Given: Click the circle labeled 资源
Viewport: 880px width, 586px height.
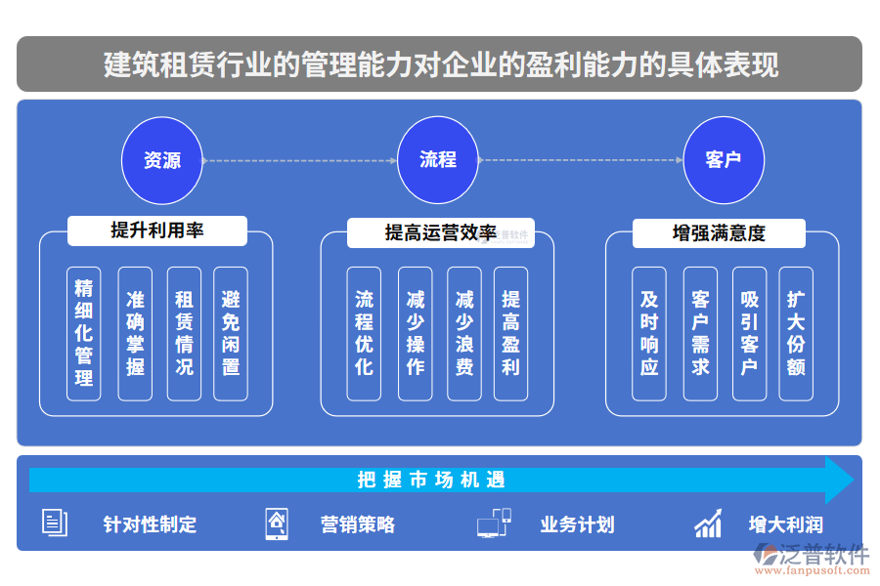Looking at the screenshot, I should (162, 160).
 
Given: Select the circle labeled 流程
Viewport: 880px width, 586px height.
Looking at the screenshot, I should (438, 160).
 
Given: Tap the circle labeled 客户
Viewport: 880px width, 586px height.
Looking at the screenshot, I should (723, 160).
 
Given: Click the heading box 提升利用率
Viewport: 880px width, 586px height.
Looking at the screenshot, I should (156, 231).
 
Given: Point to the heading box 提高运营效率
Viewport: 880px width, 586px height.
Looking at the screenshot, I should (440, 232).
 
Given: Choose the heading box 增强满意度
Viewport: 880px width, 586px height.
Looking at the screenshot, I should (719, 233).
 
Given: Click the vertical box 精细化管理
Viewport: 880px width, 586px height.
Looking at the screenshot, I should (84, 333).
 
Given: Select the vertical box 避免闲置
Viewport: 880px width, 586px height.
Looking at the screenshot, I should (231, 333).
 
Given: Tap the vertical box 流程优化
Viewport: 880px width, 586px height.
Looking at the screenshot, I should (364, 333).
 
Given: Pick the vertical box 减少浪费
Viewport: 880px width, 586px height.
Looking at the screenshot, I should (464, 333).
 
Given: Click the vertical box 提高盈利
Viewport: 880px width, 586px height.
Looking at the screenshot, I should (510, 333).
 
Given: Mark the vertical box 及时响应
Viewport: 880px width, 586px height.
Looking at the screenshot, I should (649, 333).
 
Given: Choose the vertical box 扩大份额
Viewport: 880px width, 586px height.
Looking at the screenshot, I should (796, 333).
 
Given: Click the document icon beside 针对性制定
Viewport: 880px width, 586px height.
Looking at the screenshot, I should (55, 523).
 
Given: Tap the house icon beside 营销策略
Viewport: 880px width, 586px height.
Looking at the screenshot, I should (278, 524).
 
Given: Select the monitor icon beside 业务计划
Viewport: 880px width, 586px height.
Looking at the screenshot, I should (494, 523).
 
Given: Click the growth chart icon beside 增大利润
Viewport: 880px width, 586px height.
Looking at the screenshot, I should (708, 523).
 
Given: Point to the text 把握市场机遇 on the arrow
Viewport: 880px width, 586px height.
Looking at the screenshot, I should (431, 481).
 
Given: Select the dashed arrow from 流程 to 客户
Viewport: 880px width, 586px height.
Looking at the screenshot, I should (580, 160).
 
